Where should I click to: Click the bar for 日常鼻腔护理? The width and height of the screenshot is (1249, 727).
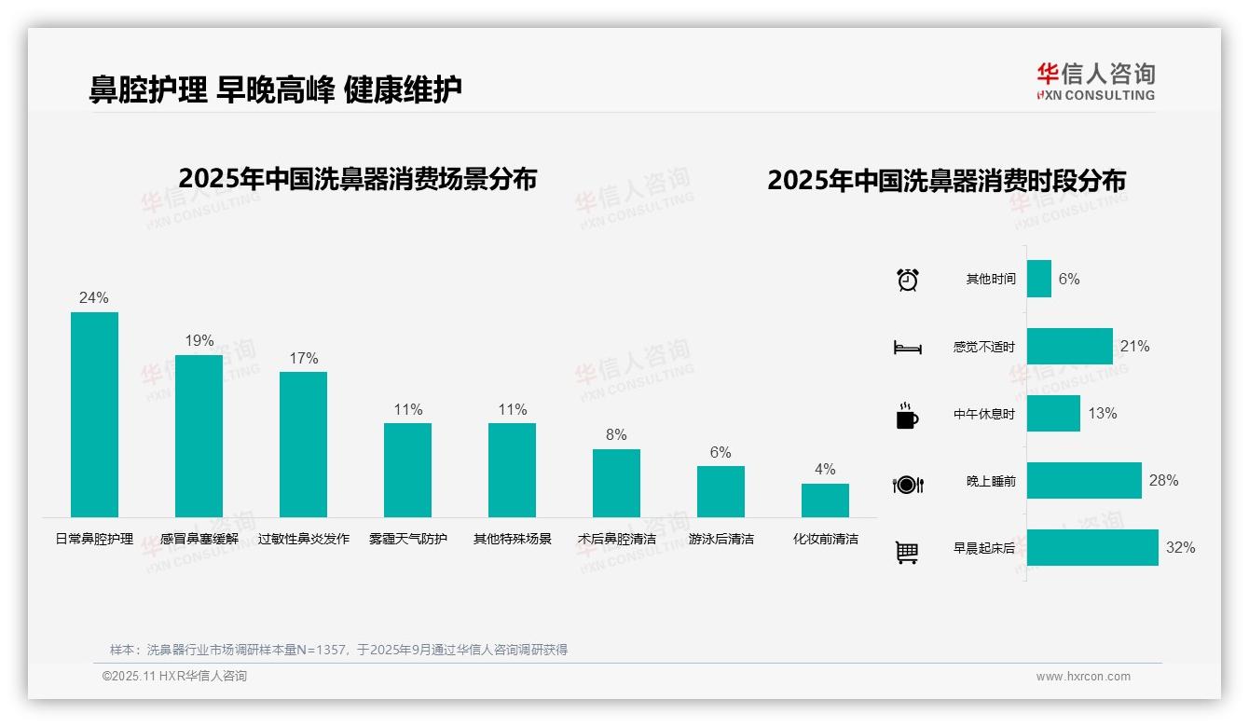tap(94, 415)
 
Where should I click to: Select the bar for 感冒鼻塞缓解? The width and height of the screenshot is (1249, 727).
tap(199, 436)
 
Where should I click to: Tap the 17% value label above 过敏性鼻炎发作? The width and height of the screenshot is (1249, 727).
tap(304, 358)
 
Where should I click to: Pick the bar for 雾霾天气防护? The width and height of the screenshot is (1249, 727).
tap(407, 470)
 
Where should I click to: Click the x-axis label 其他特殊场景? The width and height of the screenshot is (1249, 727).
tap(512, 539)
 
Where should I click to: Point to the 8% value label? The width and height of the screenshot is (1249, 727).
tap(616, 434)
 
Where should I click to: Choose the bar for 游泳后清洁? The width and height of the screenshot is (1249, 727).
tap(721, 491)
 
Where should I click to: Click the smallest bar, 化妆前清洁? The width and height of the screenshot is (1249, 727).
tap(825, 500)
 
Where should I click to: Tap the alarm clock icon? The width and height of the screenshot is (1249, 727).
tap(907, 280)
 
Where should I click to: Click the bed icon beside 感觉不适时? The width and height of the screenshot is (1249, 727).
tap(907, 348)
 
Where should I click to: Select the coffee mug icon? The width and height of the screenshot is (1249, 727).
tap(907, 416)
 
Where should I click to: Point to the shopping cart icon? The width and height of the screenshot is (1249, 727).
tap(907, 552)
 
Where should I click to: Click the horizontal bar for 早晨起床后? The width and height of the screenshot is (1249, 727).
tap(1092, 548)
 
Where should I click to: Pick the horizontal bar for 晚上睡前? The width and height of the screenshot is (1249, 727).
tap(1084, 481)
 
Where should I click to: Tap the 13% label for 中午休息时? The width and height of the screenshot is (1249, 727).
tap(1103, 414)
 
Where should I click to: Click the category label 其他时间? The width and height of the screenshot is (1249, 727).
tap(991, 280)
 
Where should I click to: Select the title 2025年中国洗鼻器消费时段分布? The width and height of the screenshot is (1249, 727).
tap(946, 180)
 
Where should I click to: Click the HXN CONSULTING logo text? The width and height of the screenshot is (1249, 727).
tap(1096, 95)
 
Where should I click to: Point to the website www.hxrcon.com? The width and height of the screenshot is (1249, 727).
tap(1083, 677)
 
